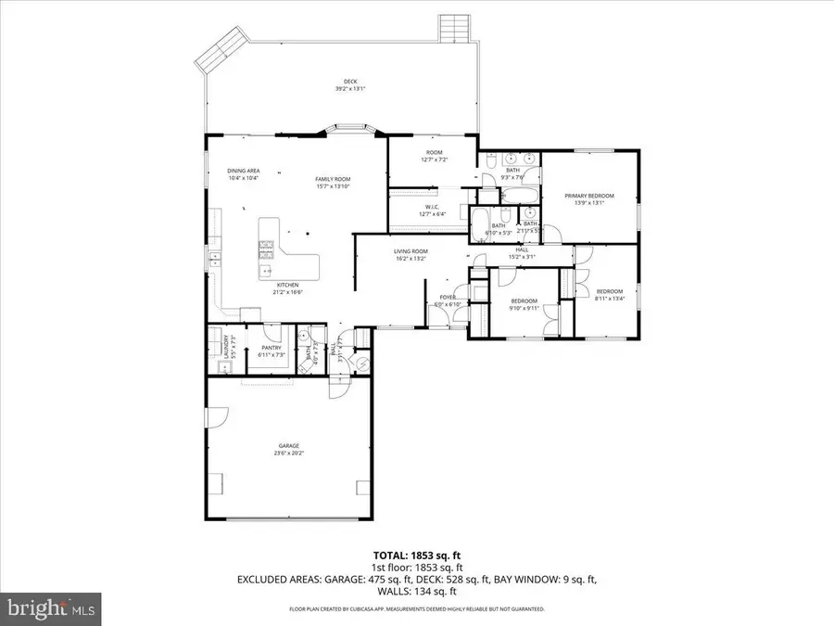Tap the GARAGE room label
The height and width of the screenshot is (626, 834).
pos(288,446)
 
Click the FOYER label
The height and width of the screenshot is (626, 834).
pos(447,298)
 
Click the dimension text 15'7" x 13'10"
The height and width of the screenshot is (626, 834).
pos(333,186)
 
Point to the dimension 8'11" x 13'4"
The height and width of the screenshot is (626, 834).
pos(611,298)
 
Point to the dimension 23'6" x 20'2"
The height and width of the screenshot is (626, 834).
pos(288,454)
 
